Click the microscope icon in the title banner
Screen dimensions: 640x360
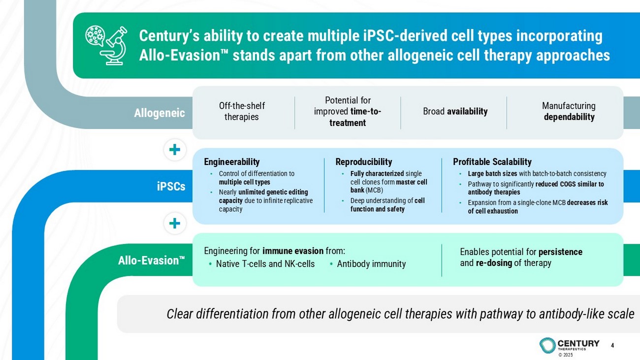[114, 46]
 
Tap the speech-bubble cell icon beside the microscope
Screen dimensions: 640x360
[95, 35]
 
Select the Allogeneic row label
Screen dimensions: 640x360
[160, 113]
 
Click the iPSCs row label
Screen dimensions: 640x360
[171, 186]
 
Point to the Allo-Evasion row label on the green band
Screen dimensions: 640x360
[152, 261]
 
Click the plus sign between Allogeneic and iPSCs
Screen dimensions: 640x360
[175, 149]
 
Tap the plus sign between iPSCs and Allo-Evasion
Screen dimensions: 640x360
[175, 223]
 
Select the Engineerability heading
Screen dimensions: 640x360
[232, 162]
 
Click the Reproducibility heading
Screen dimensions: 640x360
[364, 162]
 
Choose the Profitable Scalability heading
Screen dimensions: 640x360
[492, 162]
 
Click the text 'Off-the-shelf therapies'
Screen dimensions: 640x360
[242, 111]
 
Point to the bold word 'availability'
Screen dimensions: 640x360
[467, 111]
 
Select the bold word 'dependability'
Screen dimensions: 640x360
[569, 117]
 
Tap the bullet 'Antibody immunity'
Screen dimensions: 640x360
[368, 263]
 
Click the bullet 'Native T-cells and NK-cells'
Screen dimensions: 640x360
[262, 263]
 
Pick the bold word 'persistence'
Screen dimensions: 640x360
[560, 252]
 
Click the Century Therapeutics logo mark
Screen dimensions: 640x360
[547, 345]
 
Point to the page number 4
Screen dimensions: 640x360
[612, 345]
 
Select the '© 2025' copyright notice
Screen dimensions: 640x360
[566, 355]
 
